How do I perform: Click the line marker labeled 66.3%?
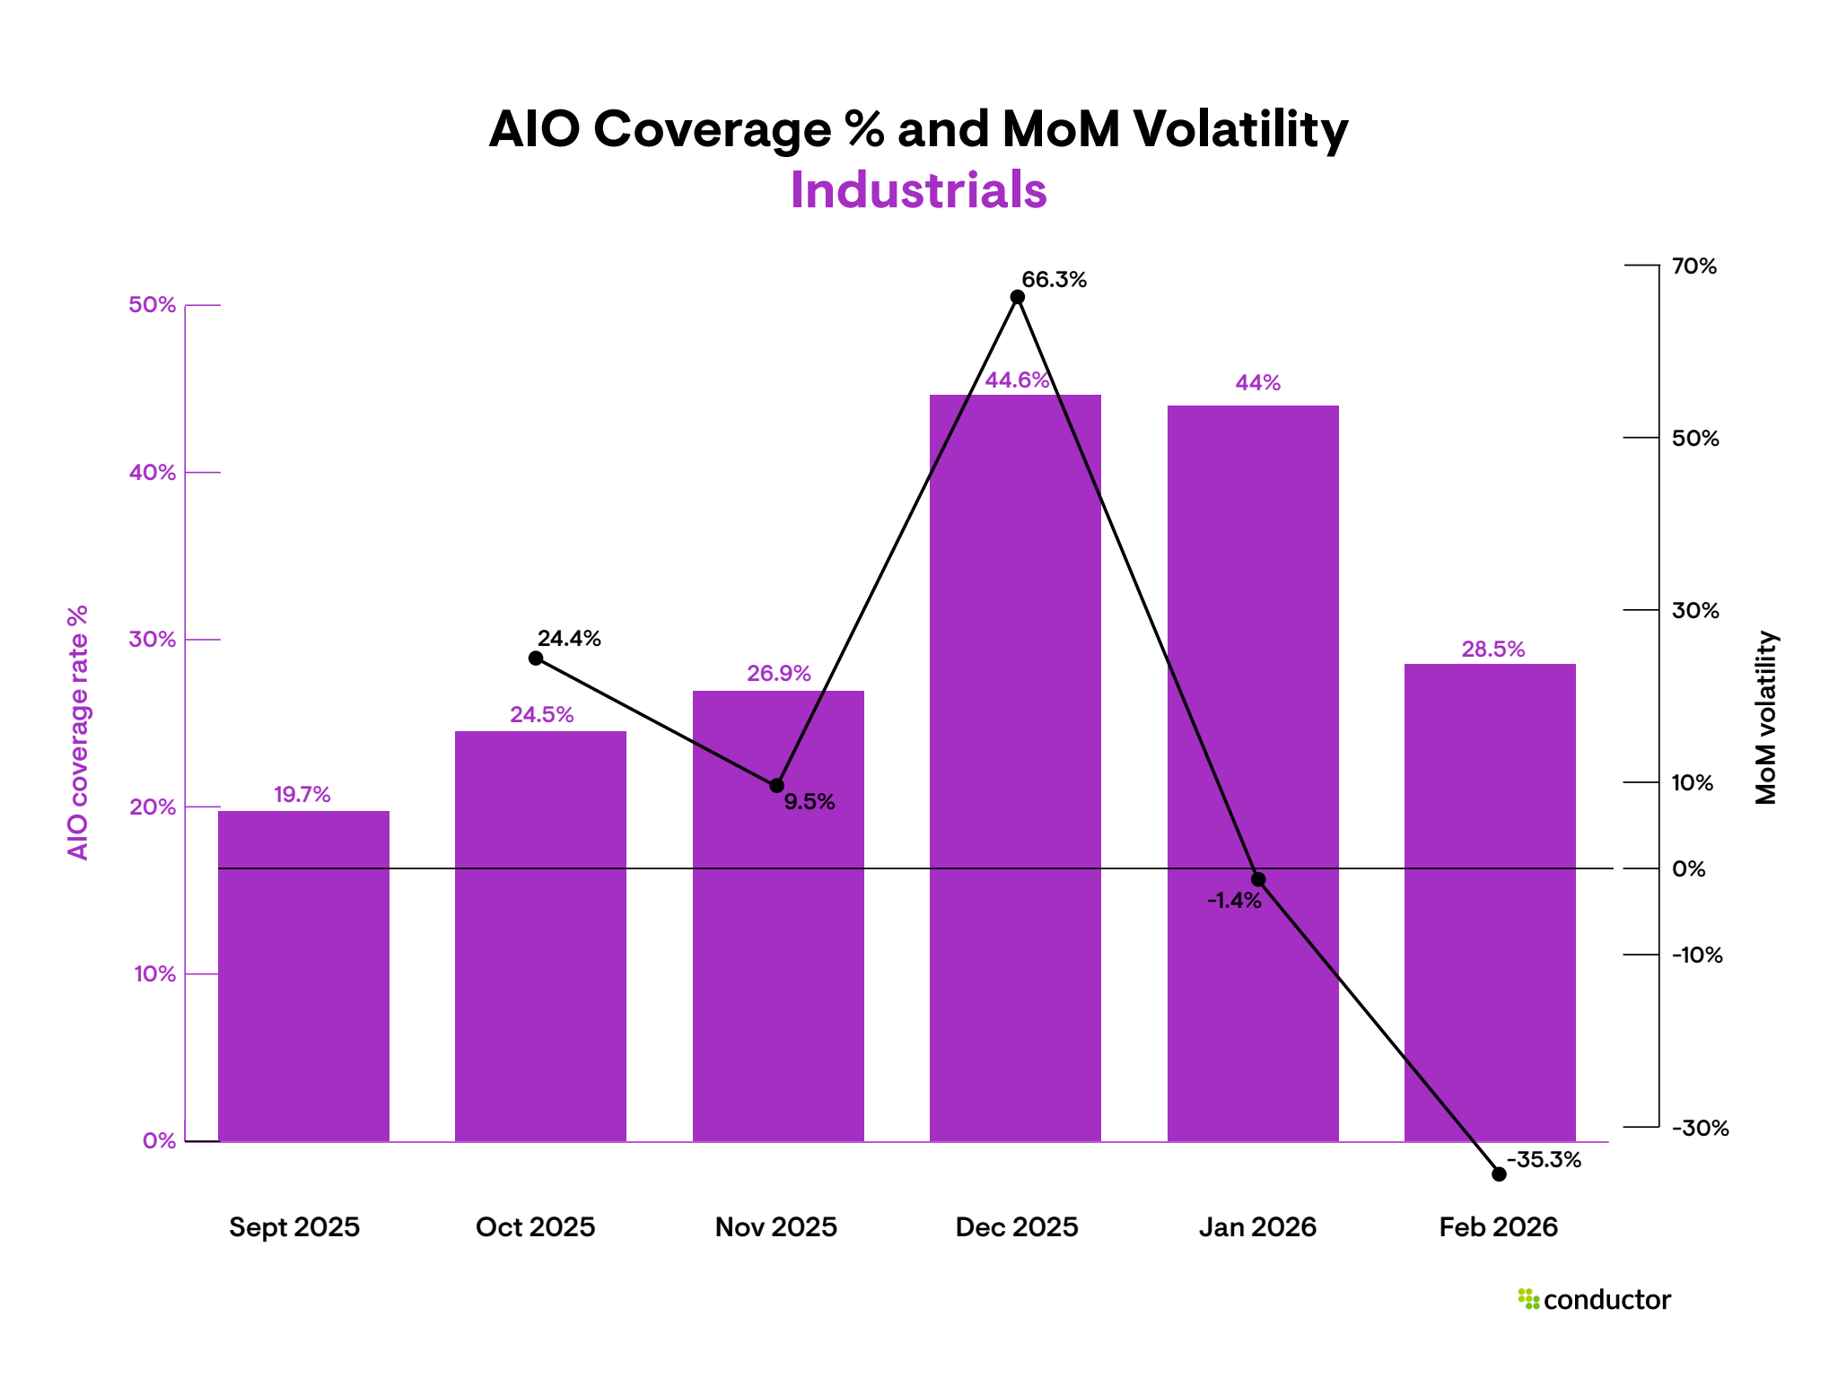[x=1018, y=297]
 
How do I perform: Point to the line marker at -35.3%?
[x=1499, y=1174]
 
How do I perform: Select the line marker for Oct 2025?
[x=536, y=658]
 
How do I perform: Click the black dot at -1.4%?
[x=1258, y=880]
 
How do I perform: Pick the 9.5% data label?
[x=810, y=802]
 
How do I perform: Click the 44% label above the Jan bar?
[x=1257, y=383]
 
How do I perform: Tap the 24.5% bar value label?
[x=541, y=715]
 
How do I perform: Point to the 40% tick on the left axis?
[x=153, y=473]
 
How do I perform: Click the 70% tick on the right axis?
[x=1694, y=266]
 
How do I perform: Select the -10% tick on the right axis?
[x=1696, y=955]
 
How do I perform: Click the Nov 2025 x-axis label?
[x=775, y=1227]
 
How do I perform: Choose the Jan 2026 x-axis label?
[x=1257, y=1227]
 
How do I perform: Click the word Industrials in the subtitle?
[x=918, y=190]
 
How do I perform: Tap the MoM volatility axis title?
[x=1765, y=718]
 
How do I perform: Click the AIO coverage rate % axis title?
[x=78, y=732]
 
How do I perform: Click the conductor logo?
[x=1595, y=1300]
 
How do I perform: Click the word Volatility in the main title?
[x=1240, y=130]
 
